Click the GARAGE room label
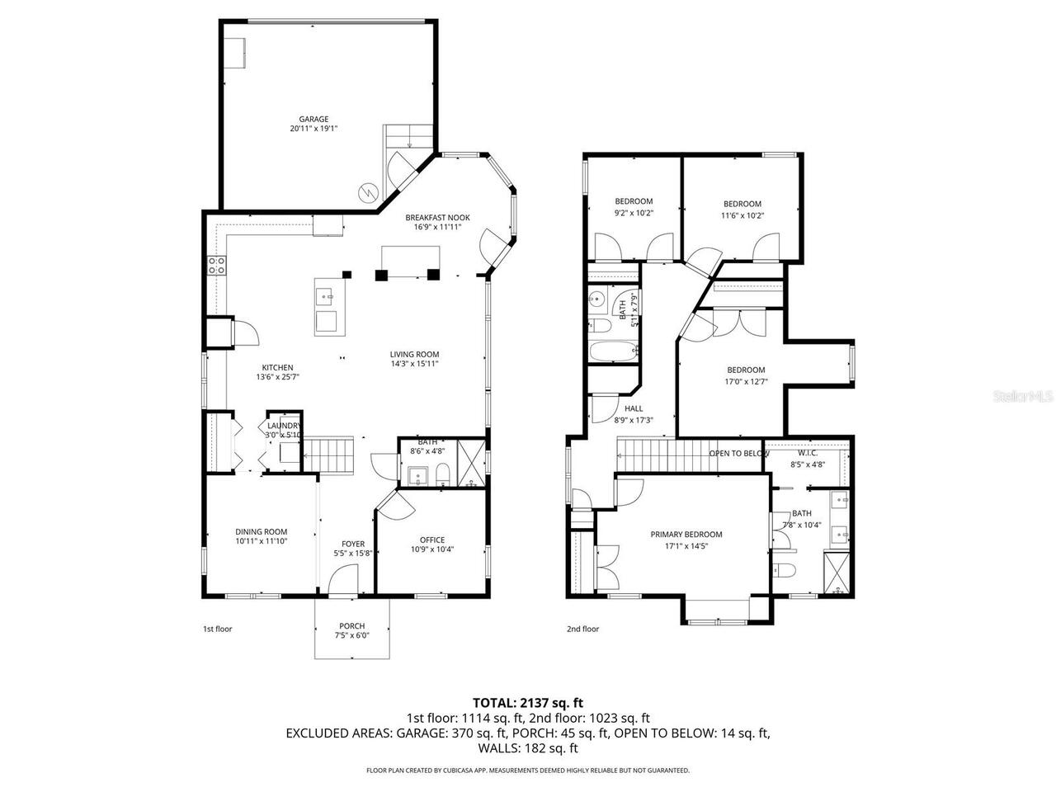313,119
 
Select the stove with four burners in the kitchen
217,265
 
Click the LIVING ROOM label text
414,355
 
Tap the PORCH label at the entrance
352,625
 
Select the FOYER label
353,543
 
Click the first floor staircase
330,455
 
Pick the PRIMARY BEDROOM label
686,534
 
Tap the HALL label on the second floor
634,408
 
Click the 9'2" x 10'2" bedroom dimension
634,214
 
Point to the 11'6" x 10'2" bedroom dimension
742,215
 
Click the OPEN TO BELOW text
739,453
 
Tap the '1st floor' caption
218,629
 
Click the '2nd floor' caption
582,629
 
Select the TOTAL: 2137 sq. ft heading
528,703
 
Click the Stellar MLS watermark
1023,396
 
